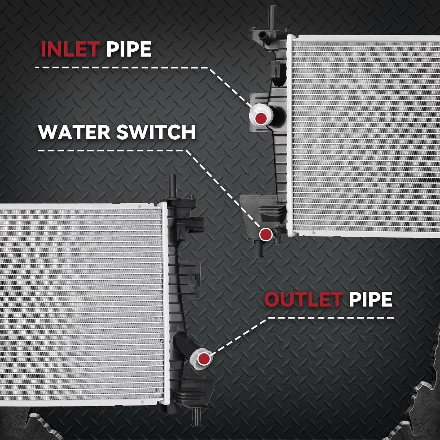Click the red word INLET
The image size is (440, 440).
coord(69,49)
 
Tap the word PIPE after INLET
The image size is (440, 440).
coord(129,49)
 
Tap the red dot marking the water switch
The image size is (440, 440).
coord(265,234)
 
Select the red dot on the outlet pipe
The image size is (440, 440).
coord(204,358)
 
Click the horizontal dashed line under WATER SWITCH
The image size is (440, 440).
coord(113,151)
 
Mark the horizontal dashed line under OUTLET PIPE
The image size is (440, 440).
coord(331,318)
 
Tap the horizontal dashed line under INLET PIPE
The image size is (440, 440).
coord(122,68)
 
